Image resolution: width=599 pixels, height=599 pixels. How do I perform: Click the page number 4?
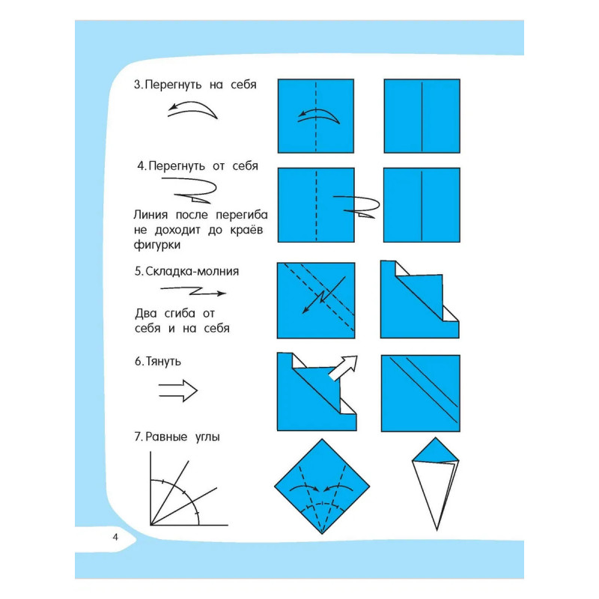pyautogui.click(x=115, y=537)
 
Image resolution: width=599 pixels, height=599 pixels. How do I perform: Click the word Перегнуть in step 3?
pyautogui.click(x=174, y=85)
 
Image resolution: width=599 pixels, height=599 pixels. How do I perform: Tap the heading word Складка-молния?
pyautogui.click(x=192, y=271)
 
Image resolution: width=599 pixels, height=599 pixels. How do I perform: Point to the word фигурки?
pyautogui.click(x=157, y=245)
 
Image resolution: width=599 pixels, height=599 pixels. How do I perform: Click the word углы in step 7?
pyautogui.click(x=207, y=437)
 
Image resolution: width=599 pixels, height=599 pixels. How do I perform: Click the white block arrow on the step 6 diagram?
pyautogui.click(x=344, y=368)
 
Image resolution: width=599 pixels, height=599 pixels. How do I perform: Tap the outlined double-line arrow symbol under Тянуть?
pyautogui.click(x=178, y=390)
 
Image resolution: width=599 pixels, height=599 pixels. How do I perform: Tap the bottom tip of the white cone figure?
pyautogui.click(x=437, y=530)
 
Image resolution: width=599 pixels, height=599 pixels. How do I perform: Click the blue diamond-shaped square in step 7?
pyautogui.click(x=322, y=486)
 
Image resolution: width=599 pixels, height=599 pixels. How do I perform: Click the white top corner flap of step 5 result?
pyautogui.click(x=401, y=269)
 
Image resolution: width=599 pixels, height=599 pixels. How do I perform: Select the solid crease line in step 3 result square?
pyautogui.click(x=422, y=116)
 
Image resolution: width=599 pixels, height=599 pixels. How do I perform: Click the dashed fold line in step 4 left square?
pyautogui.click(x=316, y=205)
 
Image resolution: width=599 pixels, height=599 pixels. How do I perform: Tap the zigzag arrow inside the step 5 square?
pyautogui.click(x=323, y=295)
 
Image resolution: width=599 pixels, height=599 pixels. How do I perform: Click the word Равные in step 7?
pyautogui.click(x=166, y=437)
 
